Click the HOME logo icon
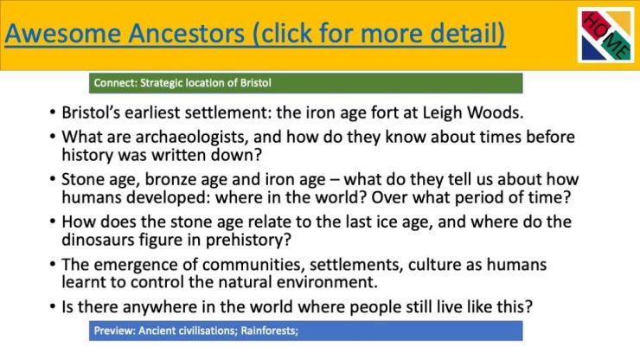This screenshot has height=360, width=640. click(606, 35)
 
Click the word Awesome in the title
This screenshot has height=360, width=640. click(62, 33)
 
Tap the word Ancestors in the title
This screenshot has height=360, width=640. click(187, 33)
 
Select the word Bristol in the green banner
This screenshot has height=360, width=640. click(255, 83)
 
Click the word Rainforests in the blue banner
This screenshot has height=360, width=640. click(269, 331)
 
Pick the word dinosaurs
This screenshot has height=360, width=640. click(98, 240)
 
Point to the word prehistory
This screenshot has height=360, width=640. click(248, 241)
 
